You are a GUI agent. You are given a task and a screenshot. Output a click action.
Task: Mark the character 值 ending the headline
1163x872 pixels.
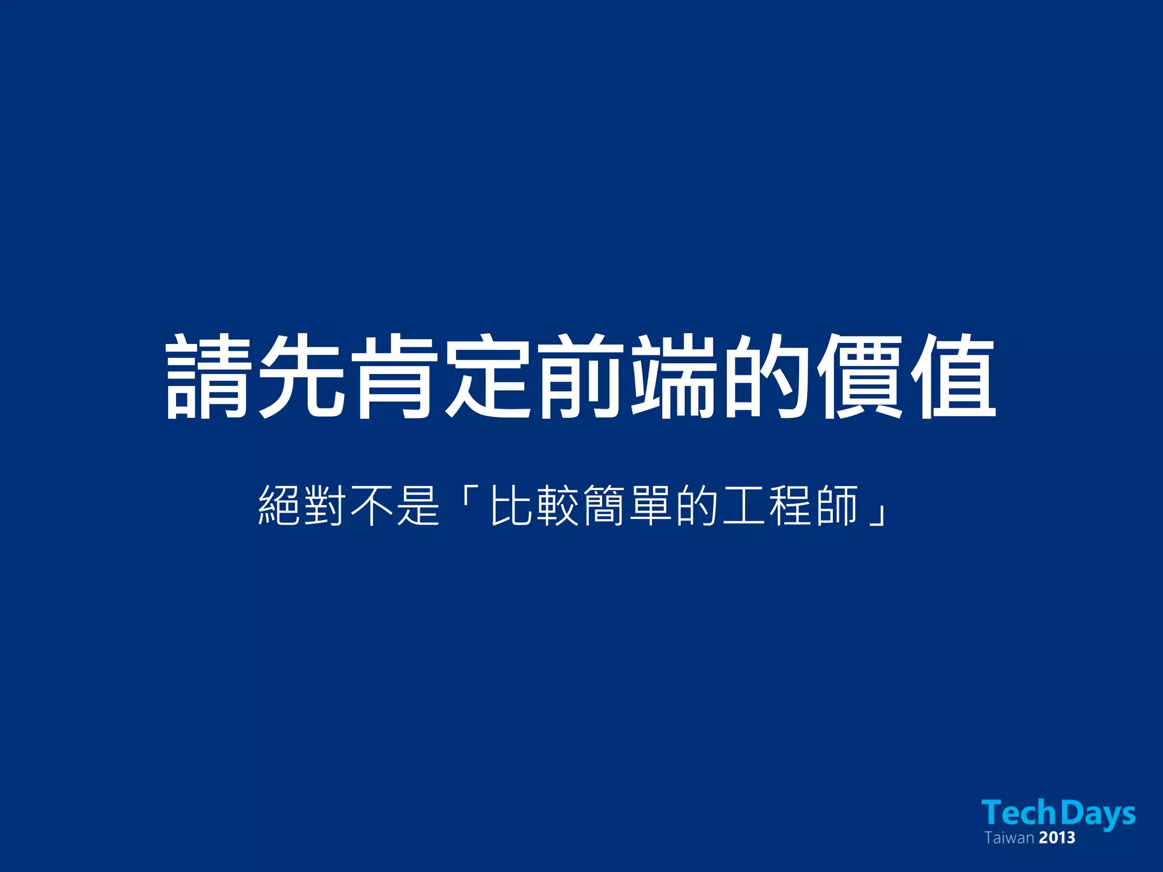tap(953, 377)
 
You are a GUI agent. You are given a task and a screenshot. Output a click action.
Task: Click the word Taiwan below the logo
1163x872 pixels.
tap(1009, 838)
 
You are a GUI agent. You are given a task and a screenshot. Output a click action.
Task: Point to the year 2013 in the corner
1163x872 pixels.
tap(1057, 838)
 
